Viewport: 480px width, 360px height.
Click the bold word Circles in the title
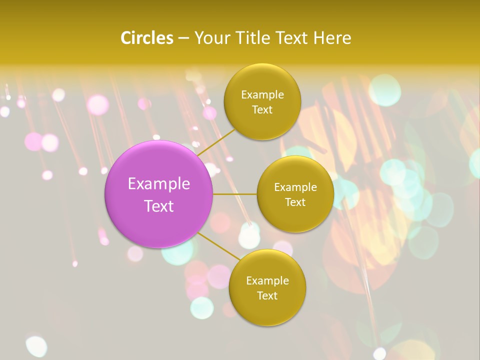[x=147, y=38]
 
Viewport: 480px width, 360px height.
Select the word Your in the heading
[x=210, y=38]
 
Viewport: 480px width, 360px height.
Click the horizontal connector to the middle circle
[x=234, y=194]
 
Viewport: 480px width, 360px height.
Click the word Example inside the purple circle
[x=159, y=184]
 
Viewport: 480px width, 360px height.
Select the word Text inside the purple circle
[x=159, y=206]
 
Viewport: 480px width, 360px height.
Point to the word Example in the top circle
[x=262, y=95]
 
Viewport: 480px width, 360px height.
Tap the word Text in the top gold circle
[x=262, y=110]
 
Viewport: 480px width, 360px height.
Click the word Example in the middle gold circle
[x=295, y=187]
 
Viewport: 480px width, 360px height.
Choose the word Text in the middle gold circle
[x=295, y=202]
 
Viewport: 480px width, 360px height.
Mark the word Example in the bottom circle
[x=267, y=281]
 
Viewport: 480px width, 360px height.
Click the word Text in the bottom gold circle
[x=267, y=296]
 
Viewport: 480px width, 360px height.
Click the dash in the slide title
[x=183, y=38]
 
